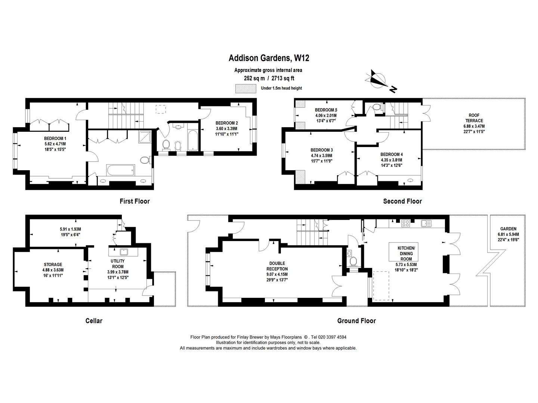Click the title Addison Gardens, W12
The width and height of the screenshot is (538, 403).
269,58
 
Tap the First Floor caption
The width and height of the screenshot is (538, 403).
134,201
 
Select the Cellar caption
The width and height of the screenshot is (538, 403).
94,321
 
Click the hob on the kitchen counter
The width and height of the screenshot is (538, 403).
406,224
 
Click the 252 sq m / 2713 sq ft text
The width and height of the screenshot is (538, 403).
269,78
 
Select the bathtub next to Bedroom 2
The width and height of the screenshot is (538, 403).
192,140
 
